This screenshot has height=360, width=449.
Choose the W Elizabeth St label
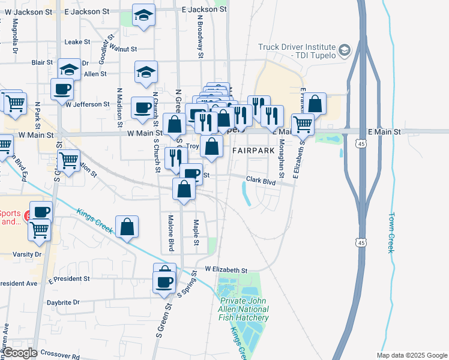226,270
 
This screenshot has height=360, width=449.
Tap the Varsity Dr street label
21,254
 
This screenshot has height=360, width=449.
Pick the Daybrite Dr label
64,302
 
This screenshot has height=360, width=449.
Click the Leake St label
77,42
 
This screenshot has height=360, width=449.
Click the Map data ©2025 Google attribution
412,355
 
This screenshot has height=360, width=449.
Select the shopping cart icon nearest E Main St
303,124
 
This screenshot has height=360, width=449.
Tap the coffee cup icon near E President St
164,280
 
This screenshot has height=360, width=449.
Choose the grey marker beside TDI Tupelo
345,50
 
